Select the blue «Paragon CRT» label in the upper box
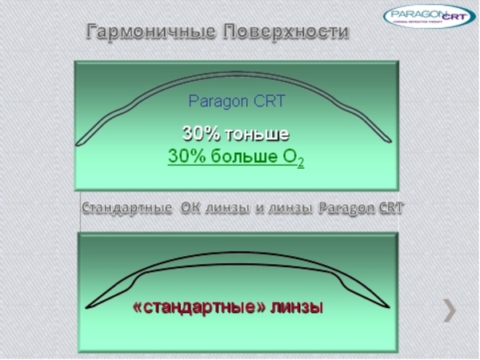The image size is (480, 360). tap(236, 102)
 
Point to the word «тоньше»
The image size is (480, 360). tap(258, 134)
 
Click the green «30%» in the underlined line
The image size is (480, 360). tap(187, 156)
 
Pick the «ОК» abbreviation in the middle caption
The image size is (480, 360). tap(191, 209)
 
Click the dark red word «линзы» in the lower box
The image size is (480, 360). tap(297, 306)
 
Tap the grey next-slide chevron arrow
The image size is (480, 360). tap(450, 310)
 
